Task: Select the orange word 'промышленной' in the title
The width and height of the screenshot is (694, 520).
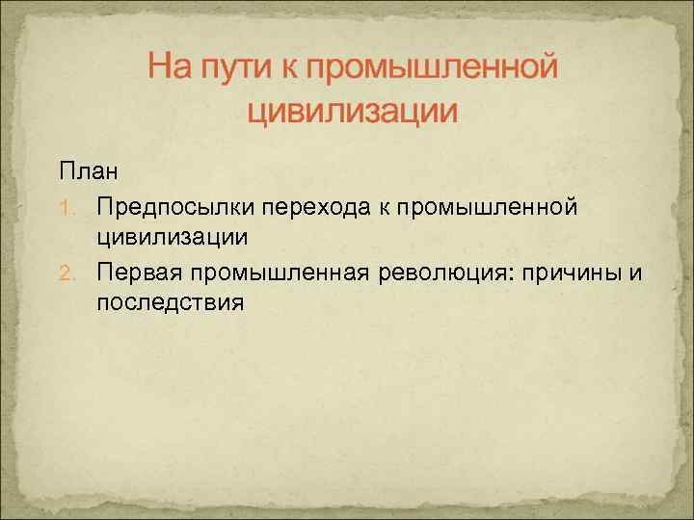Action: pos(434,68)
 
